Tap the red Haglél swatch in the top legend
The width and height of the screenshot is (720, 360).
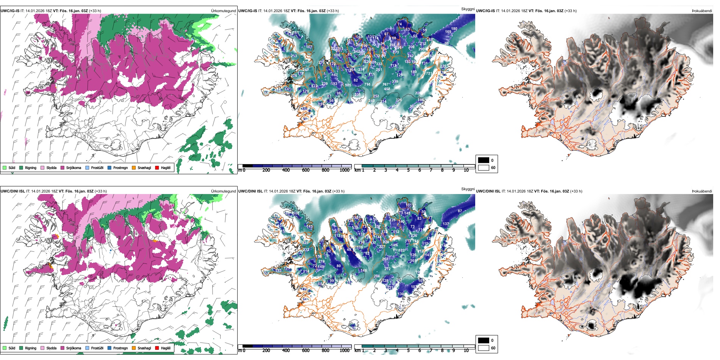pyautogui.click(x=157, y=168)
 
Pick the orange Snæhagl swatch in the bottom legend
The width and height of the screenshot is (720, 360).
pyautogui.click(x=134, y=348)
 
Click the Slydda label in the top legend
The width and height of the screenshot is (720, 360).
pyautogui.click(x=51, y=168)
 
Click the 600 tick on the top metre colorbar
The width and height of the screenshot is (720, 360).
pyautogui.click(x=305, y=170)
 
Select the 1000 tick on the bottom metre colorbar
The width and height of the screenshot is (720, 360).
pyautogui.click(x=344, y=351)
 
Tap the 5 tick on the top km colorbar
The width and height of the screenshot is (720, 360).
pyautogui.click(x=408, y=170)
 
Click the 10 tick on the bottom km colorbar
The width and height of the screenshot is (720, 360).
pyautogui.click(x=466, y=351)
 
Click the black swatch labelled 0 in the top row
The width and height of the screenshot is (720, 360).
pyautogui.click(x=484, y=160)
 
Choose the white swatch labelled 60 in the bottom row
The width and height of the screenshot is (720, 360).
pyautogui.click(x=484, y=348)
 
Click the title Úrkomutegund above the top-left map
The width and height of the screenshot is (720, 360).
pyautogui.click(x=223, y=11)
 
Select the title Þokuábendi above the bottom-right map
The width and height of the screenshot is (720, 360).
pyautogui.click(x=702, y=191)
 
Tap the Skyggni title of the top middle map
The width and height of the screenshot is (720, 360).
pyautogui.click(x=468, y=9)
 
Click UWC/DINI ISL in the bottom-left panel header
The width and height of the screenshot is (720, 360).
pyautogui.click(x=13, y=191)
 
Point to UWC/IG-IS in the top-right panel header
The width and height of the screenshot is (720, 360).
pyautogui.click(x=485, y=11)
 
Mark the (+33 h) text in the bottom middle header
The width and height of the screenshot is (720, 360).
pyautogui.click(x=338, y=191)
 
